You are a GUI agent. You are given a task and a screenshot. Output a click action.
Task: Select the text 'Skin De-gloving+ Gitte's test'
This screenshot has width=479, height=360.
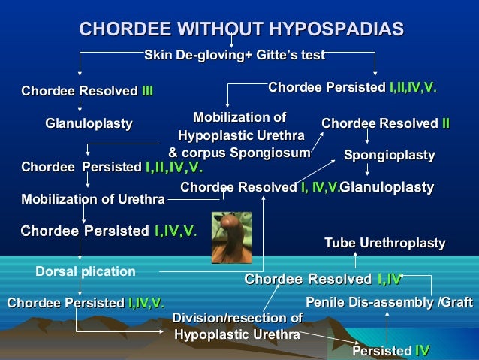pos(234,55)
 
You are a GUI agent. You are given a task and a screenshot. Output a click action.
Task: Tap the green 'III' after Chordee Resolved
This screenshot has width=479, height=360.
pos(147,92)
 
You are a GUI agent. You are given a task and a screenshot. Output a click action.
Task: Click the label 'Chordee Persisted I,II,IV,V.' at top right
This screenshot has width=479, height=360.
pos(352,88)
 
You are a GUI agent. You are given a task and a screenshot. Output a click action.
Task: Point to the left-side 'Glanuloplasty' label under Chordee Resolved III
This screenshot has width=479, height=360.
pos(89,123)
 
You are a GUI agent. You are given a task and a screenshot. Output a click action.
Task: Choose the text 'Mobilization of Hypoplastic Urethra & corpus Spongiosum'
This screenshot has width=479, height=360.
pos(239,135)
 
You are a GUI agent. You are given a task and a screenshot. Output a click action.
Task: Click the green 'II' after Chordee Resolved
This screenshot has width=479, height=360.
pos(445,123)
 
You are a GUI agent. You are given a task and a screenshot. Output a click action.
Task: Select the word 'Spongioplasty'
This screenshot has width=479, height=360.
pos(389,155)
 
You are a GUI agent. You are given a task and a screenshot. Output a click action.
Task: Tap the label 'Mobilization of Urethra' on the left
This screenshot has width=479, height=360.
pos(93,199)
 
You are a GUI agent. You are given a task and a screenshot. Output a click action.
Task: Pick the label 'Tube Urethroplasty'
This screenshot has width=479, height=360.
pos(384,243)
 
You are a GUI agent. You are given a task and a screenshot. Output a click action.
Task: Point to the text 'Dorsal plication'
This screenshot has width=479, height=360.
pos(86,271)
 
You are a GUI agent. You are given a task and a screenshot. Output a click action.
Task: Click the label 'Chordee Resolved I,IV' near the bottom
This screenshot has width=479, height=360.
pos(324,280)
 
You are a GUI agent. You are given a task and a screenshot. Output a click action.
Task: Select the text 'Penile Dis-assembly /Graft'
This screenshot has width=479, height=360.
pos(389,302)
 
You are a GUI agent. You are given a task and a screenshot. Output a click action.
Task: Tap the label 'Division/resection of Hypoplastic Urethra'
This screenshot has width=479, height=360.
pos(237,325)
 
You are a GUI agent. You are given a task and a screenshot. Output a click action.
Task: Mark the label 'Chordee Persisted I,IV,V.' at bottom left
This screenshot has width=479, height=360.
pos(86,303)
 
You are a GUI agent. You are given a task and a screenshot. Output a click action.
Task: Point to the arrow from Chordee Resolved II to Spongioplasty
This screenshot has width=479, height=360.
pos(367,138)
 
